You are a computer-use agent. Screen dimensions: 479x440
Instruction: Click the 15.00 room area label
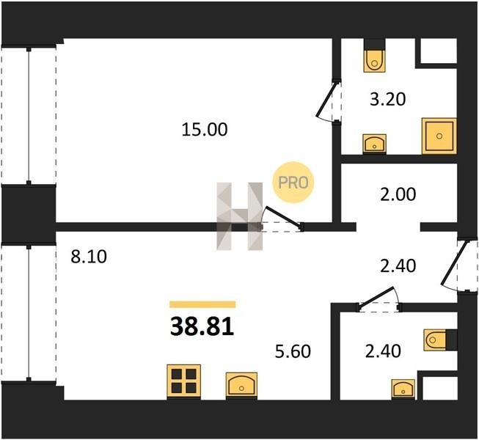coord(205,130)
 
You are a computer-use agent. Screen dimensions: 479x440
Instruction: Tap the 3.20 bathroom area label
coord(387,99)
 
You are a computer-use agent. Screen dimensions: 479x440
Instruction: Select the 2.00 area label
coord(398,194)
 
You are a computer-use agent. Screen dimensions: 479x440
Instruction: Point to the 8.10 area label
coord(89,257)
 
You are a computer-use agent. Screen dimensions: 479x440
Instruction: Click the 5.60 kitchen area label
coord(293,351)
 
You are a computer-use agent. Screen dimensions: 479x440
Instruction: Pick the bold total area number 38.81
coord(202,326)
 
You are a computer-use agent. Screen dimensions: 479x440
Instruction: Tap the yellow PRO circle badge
coord(293,183)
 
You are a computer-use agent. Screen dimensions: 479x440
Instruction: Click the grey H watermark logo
coord(239,216)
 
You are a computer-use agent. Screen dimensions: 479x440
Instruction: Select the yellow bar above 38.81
coord(202,304)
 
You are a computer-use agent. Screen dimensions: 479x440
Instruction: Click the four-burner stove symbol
coord(184,381)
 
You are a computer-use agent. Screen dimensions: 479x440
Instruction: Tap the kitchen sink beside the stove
coord(241,385)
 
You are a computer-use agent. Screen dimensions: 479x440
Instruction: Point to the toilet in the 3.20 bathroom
coord(374,60)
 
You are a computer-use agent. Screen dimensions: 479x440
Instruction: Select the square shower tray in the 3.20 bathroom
coord(439,136)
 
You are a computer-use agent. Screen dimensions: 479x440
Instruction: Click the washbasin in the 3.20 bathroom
coord(374,144)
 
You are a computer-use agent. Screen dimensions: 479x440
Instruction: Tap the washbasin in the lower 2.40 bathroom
coord(403,389)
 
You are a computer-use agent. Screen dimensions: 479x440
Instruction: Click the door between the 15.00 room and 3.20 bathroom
coord(326,100)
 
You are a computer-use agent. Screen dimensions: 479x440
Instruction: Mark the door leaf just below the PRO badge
coord(282,217)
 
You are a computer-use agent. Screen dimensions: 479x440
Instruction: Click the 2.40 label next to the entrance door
coord(398,266)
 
